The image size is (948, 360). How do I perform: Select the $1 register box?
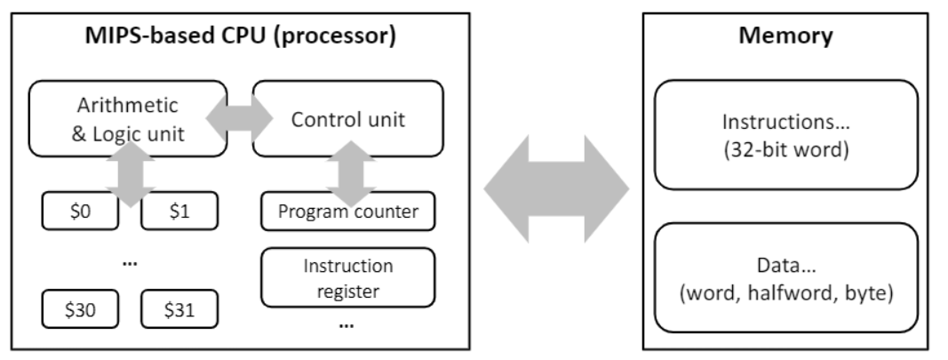pyautogui.click(x=179, y=212)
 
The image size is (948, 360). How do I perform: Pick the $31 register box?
pyautogui.click(x=179, y=309)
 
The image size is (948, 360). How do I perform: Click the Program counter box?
pyautogui.click(x=347, y=212)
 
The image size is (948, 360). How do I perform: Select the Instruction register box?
pyautogui.click(x=347, y=277)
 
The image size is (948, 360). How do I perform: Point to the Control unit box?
pyautogui.click(x=348, y=119)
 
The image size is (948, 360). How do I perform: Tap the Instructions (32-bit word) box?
pyautogui.click(x=785, y=135)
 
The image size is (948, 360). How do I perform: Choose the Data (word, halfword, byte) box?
pyautogui.click(x=785, y=277)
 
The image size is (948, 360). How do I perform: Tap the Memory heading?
pyautogui.click(x=785, y=36)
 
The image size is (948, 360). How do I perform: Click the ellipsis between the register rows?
pyautogui.click(x=128, y=261)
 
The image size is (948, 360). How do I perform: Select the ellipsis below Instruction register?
pyautogui.click(x=347, y=324)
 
